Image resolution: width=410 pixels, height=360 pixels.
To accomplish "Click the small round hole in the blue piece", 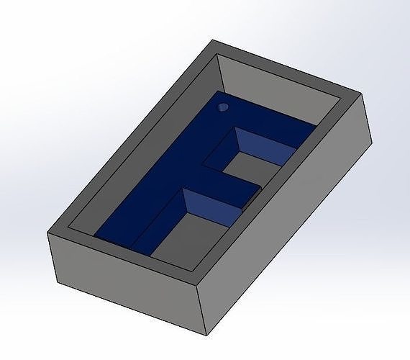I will [x=223, y=107].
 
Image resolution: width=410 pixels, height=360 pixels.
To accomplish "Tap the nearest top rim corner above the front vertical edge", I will [x=197, y=284].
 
